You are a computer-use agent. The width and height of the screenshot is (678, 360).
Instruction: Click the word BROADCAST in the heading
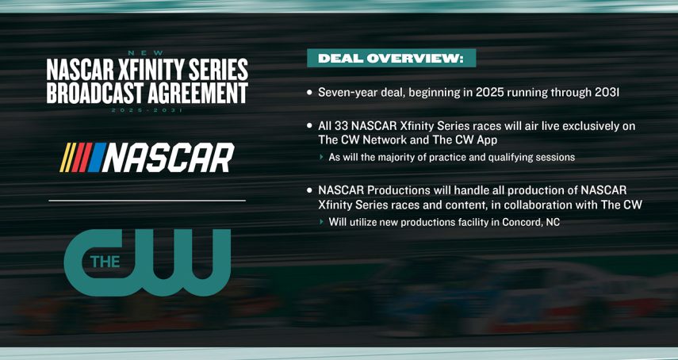96,94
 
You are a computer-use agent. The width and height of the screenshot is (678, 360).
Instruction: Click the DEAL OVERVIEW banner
391,58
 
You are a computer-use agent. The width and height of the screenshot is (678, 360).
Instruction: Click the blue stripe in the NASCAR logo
94,157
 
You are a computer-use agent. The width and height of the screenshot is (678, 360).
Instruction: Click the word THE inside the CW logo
102,261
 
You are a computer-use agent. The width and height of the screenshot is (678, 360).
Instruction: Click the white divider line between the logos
147,201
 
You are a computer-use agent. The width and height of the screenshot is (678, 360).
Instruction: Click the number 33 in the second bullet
345,126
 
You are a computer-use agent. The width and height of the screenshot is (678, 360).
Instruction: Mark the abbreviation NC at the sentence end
552,222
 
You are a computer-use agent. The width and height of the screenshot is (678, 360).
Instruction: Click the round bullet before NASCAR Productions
309,191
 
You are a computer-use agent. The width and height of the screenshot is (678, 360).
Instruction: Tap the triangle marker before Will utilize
322,222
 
